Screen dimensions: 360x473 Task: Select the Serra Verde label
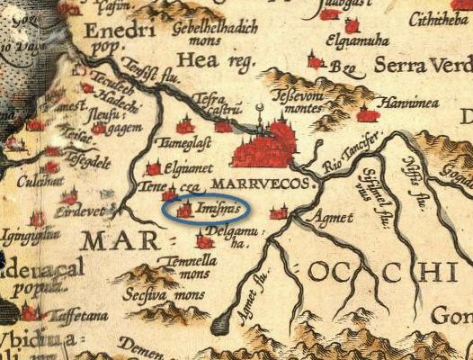pyautogui.click(x=424, y=66)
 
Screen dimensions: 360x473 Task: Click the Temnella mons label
pyautogui.click(x=184, y=267)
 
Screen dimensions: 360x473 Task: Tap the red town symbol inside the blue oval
pyautogui.click(x=185, y=211)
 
